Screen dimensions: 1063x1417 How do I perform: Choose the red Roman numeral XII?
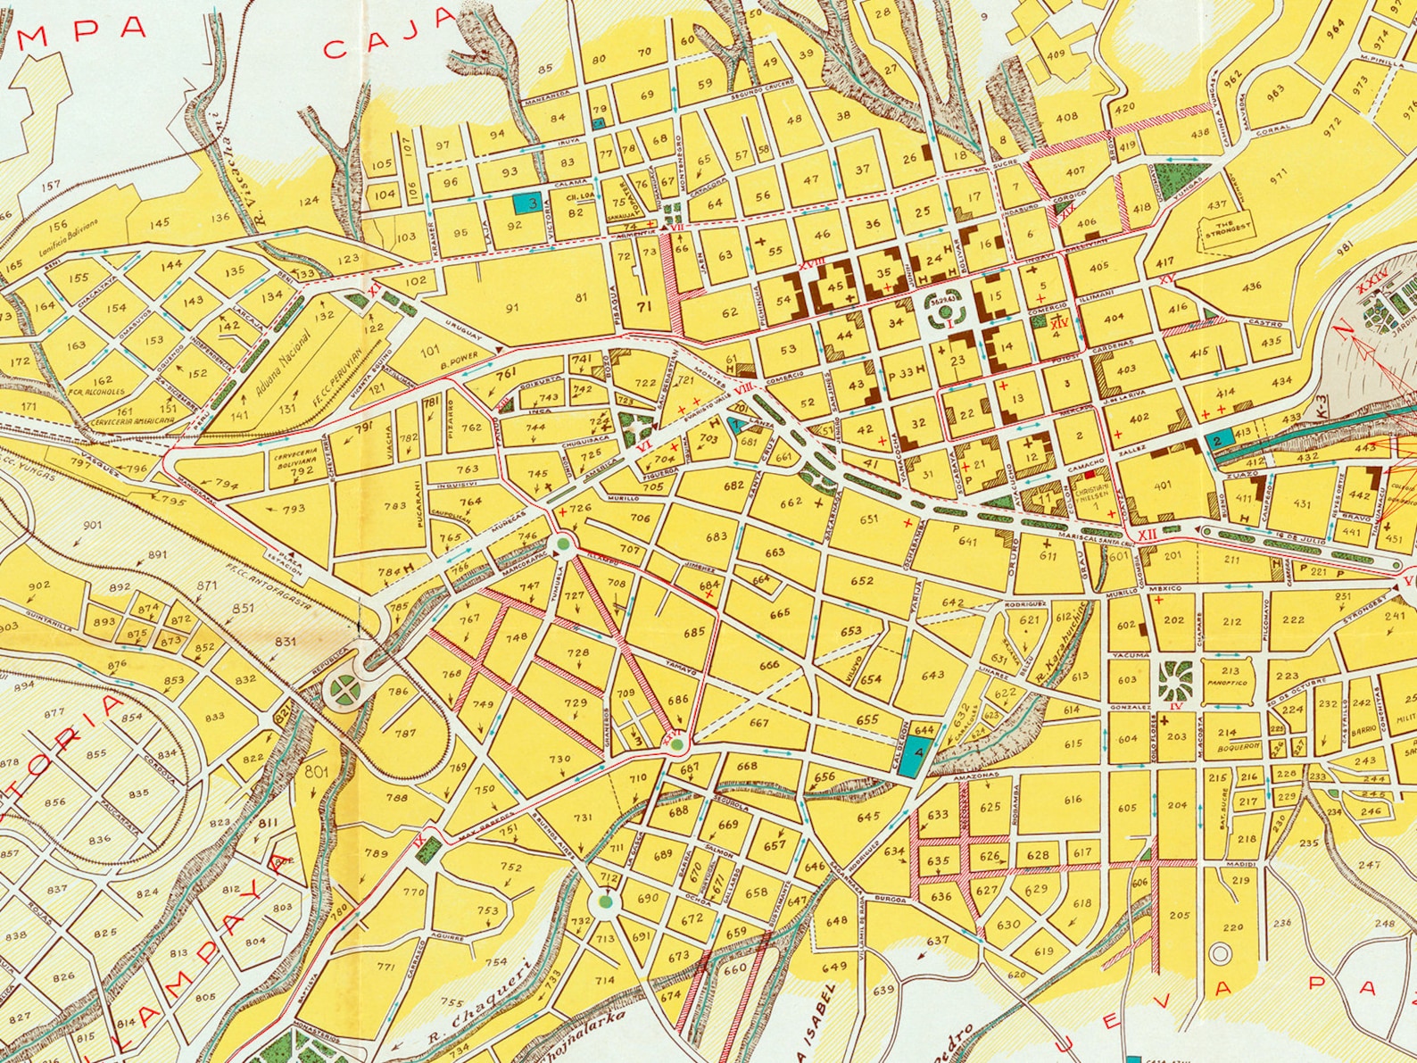[x=1148, y=534]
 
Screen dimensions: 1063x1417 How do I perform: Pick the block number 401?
[x=1163, y=486]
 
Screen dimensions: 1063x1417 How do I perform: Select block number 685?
[x=694, y=633]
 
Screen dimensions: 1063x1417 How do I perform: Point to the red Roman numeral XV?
[x=1167, y=280]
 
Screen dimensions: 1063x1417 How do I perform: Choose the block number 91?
[x=511, y=308]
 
